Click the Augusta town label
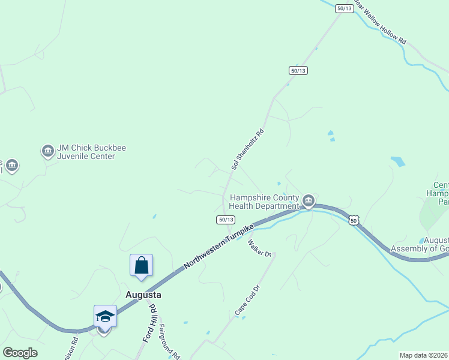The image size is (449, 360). [143, 295]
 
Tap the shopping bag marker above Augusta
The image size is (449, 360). [141, 265]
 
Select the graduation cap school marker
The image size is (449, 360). [105, 316]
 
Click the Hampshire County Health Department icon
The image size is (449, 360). [309, 200]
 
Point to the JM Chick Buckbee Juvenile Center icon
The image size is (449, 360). [47, 151]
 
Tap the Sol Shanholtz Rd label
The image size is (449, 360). [248, 149]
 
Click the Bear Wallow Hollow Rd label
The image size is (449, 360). [381, 23]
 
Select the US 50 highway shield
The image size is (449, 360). [354, 221]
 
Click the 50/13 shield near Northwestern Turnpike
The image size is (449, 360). [224, 220]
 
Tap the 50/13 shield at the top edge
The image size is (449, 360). [345, 8]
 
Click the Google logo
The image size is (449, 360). [20, 353]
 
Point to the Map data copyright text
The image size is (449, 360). [424, 355]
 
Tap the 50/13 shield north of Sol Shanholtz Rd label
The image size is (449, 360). [298, 70]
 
